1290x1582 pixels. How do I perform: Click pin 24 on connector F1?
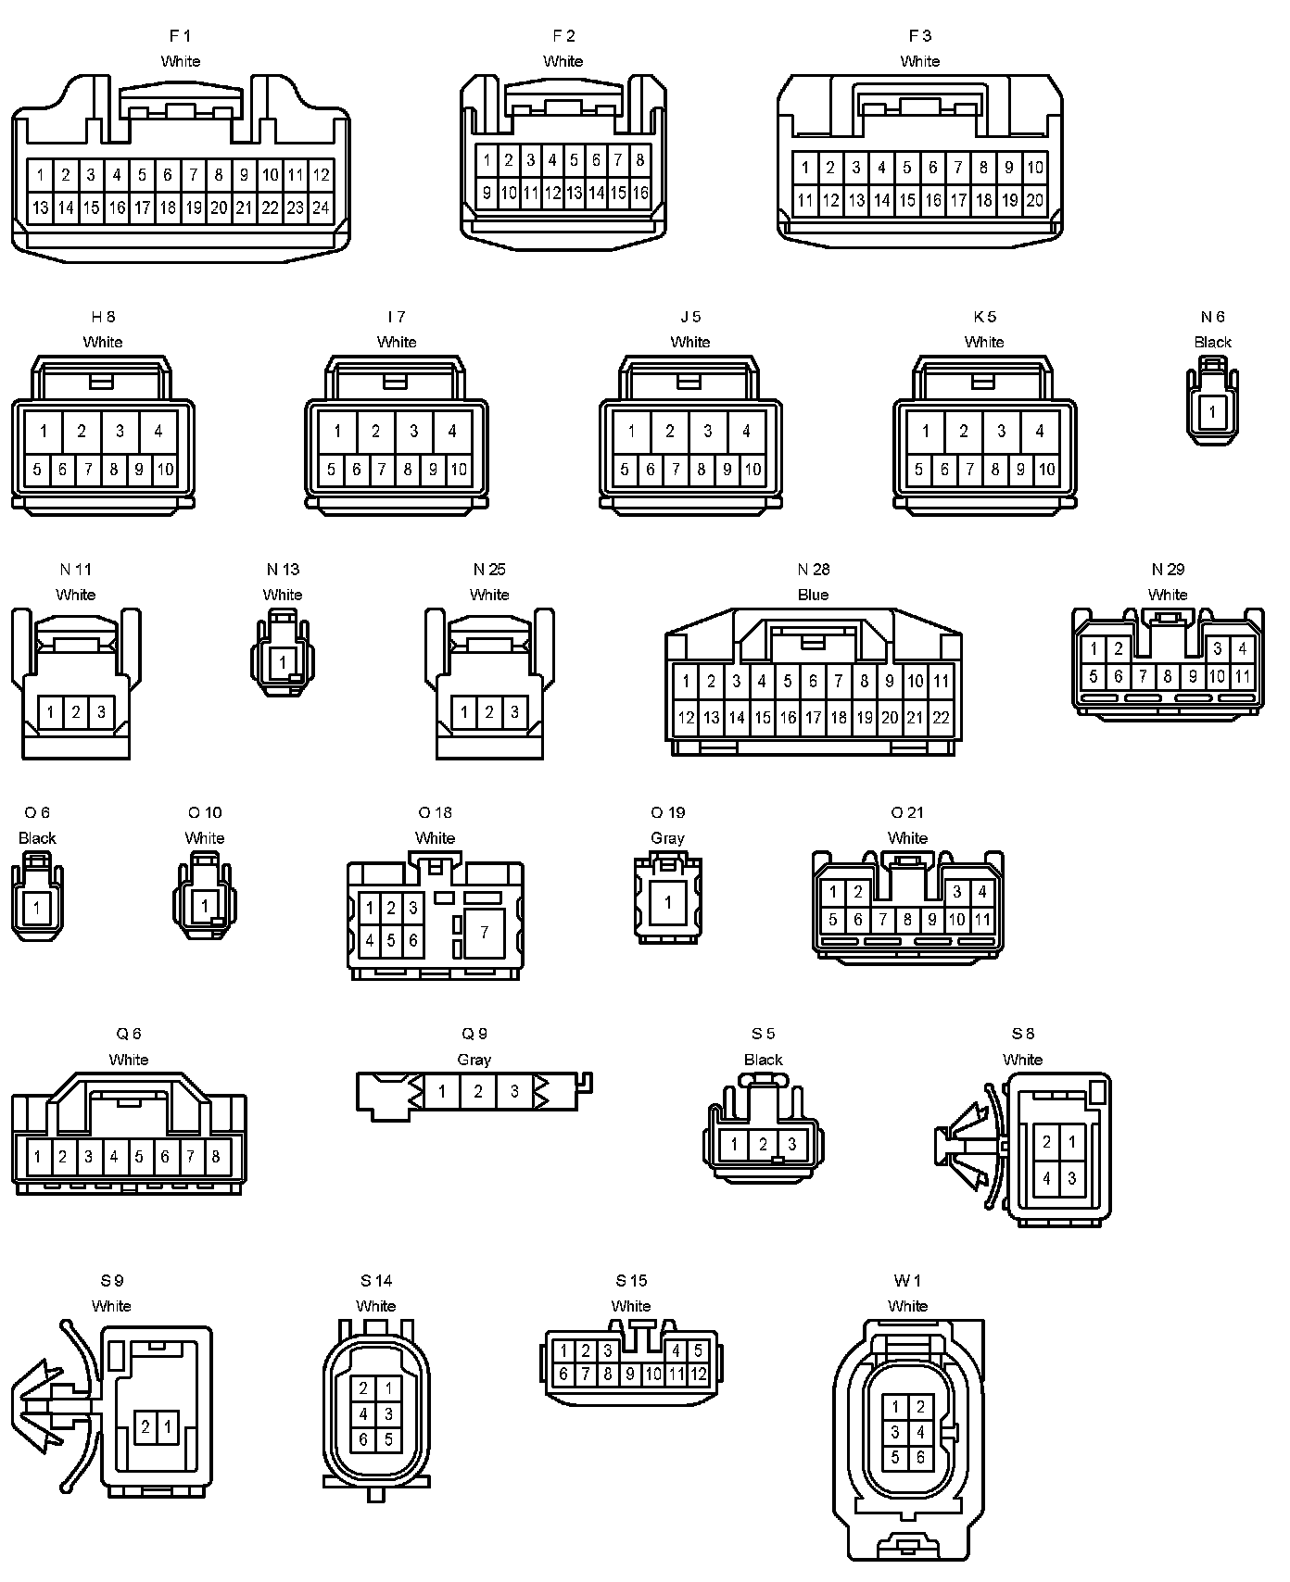[321, 207]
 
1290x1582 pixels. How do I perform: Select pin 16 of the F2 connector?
[639, 193]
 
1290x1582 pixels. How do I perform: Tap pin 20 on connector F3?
[1034, 199]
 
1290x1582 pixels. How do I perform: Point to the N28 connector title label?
[814, 570]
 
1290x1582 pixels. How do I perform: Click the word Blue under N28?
[814, 595]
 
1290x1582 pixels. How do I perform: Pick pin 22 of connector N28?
[941, 717]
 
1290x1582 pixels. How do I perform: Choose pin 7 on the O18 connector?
[484, 933]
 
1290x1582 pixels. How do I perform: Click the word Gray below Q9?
[474, 1060]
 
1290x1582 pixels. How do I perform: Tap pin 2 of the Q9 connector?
[478, 1091]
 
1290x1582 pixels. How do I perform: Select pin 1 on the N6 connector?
[1212, 412]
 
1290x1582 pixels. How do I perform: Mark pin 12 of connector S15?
[699, 1374]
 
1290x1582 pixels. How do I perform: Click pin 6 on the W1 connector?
[920, 1457]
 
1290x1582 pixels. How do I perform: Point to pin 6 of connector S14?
[364, 1439]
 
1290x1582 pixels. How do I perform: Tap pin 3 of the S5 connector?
[791, 1145]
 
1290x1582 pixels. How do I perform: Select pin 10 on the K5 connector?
[1046, 470]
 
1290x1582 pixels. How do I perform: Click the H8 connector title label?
[103, 317]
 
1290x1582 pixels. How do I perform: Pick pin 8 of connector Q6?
[216, 1156]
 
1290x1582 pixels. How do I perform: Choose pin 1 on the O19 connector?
[667, 902]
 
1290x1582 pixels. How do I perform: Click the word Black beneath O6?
[37, 838]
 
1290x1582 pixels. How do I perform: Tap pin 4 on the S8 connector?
[1047, 1178]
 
